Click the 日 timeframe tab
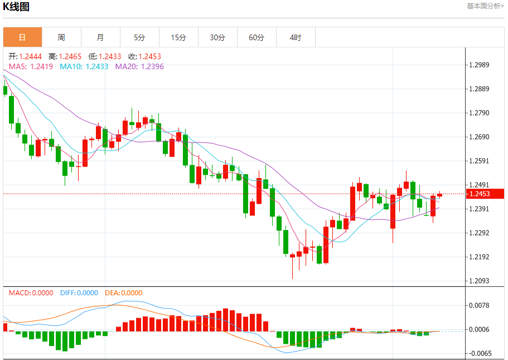click(x=22, y=37)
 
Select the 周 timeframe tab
click(x=61, y=37)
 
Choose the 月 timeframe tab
click(x=100, y=37)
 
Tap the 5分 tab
click(x=139, y=37)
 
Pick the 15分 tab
click(x=178, y=37)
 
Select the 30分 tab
click(x=217, y=37)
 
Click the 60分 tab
click(x=257, y=37)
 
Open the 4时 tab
click(x=296, y=37)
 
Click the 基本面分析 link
click(x=485, y=6)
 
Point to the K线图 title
click(x=16, y=7)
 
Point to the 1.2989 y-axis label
click(x=479, y=65)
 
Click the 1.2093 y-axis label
click(x=479, y=281)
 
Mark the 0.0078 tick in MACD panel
click(x=479, y=305)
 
